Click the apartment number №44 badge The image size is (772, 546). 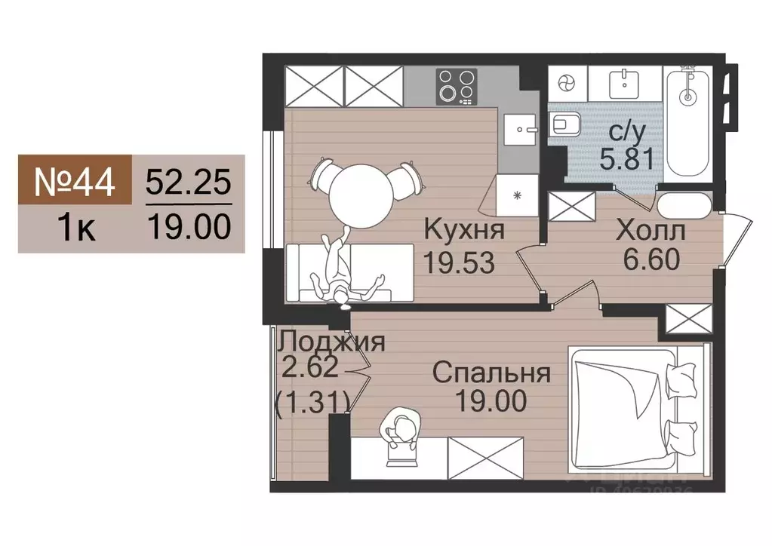point(75,181)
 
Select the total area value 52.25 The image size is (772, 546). point(188,182)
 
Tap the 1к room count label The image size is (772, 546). point(75,226)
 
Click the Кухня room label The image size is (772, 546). point(463,229)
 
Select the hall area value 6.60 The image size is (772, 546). point(652,260)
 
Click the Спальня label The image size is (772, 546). point(491,373)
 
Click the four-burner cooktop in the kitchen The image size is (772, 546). point(458,86)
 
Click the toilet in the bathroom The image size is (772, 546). point(565,124)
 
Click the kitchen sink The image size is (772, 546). point(520,128)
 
